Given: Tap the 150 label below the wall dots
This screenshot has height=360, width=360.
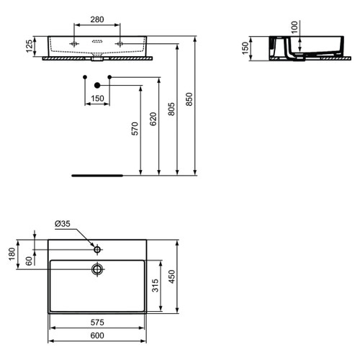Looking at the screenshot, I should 96,99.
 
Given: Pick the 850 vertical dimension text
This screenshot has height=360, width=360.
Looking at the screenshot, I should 190,102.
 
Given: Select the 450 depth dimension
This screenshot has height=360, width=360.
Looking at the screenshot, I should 173,277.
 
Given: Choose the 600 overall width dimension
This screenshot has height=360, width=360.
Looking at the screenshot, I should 98,336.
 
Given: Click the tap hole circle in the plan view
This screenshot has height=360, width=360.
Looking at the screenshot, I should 97,250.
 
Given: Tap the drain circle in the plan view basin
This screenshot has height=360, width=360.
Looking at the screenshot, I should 97,269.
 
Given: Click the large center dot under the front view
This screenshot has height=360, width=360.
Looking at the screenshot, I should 96,85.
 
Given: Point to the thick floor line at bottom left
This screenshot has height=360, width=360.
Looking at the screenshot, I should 96,174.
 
